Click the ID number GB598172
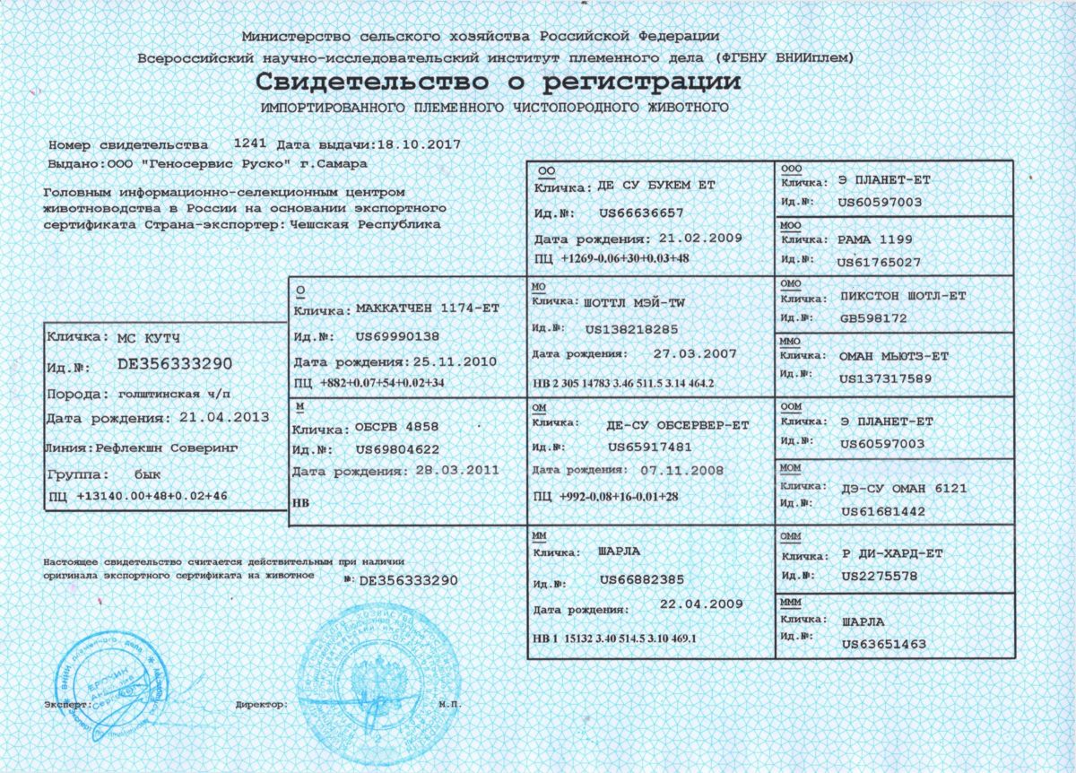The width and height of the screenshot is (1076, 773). tap(874, 318)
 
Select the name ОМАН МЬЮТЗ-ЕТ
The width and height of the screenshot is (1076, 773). tap(893, 356)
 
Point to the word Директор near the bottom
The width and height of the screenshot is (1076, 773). tap(261, 705)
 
